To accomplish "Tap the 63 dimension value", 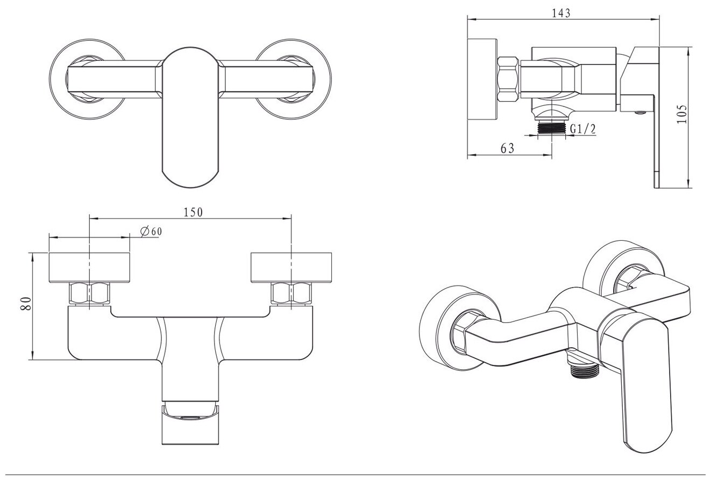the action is coord(507,148).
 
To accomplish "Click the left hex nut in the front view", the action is coord(90,293).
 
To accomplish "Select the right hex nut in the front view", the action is coord(291,293).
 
